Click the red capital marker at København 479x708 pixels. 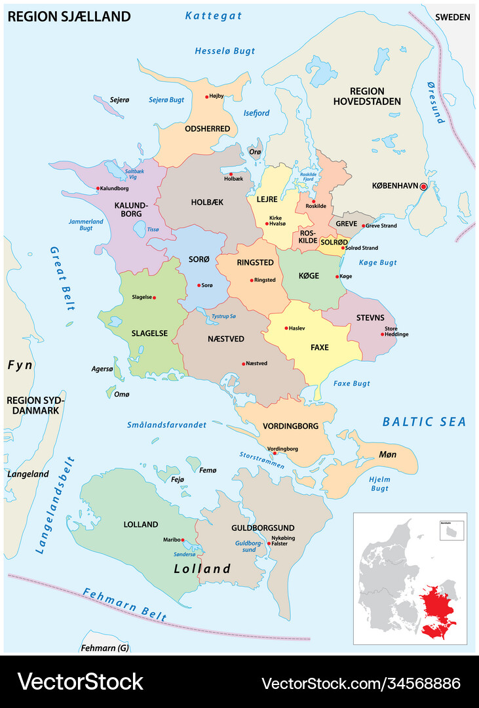423,187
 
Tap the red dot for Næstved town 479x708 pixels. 244,364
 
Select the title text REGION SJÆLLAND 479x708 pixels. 69,16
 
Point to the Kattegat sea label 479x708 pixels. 213,15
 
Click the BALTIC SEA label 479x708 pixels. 424,422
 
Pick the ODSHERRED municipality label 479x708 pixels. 206,128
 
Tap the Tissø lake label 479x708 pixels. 153,229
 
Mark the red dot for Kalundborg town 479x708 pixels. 98,189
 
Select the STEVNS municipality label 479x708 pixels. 370,318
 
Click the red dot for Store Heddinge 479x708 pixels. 382,334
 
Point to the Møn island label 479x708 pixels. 388,454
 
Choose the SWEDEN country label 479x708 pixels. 453,16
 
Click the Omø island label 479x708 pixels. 121,394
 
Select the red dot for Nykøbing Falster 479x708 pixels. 269,543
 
